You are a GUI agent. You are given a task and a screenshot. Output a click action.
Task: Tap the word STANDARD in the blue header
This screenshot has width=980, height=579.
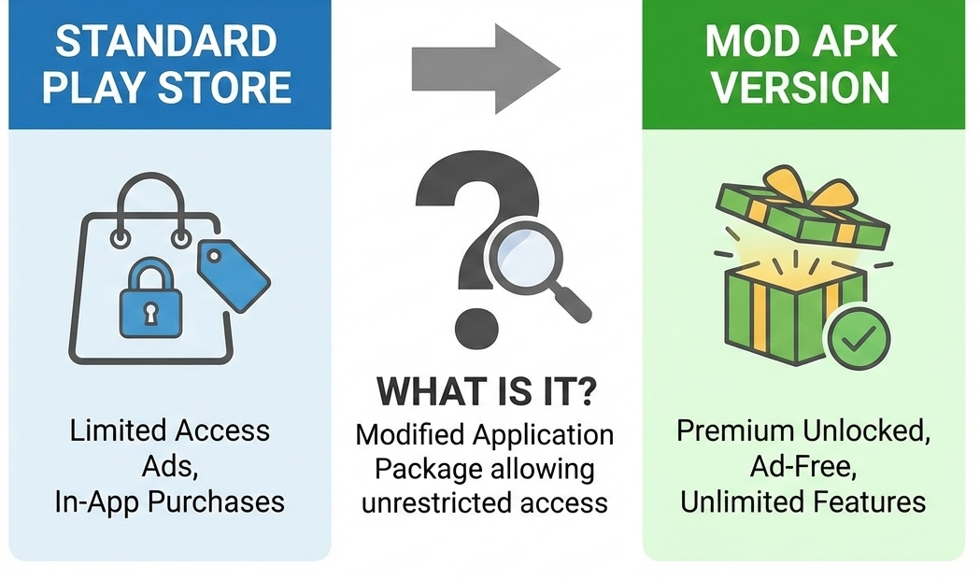[167, 42]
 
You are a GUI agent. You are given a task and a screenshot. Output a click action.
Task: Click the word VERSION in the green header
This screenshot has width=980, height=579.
[802, 88]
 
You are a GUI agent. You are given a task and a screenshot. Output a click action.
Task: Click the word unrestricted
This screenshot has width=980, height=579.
[436, 502]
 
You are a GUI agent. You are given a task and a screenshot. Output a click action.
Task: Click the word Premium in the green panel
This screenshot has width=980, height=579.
[733, 432]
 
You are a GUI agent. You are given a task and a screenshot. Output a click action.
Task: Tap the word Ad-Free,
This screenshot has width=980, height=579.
[802, 467]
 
